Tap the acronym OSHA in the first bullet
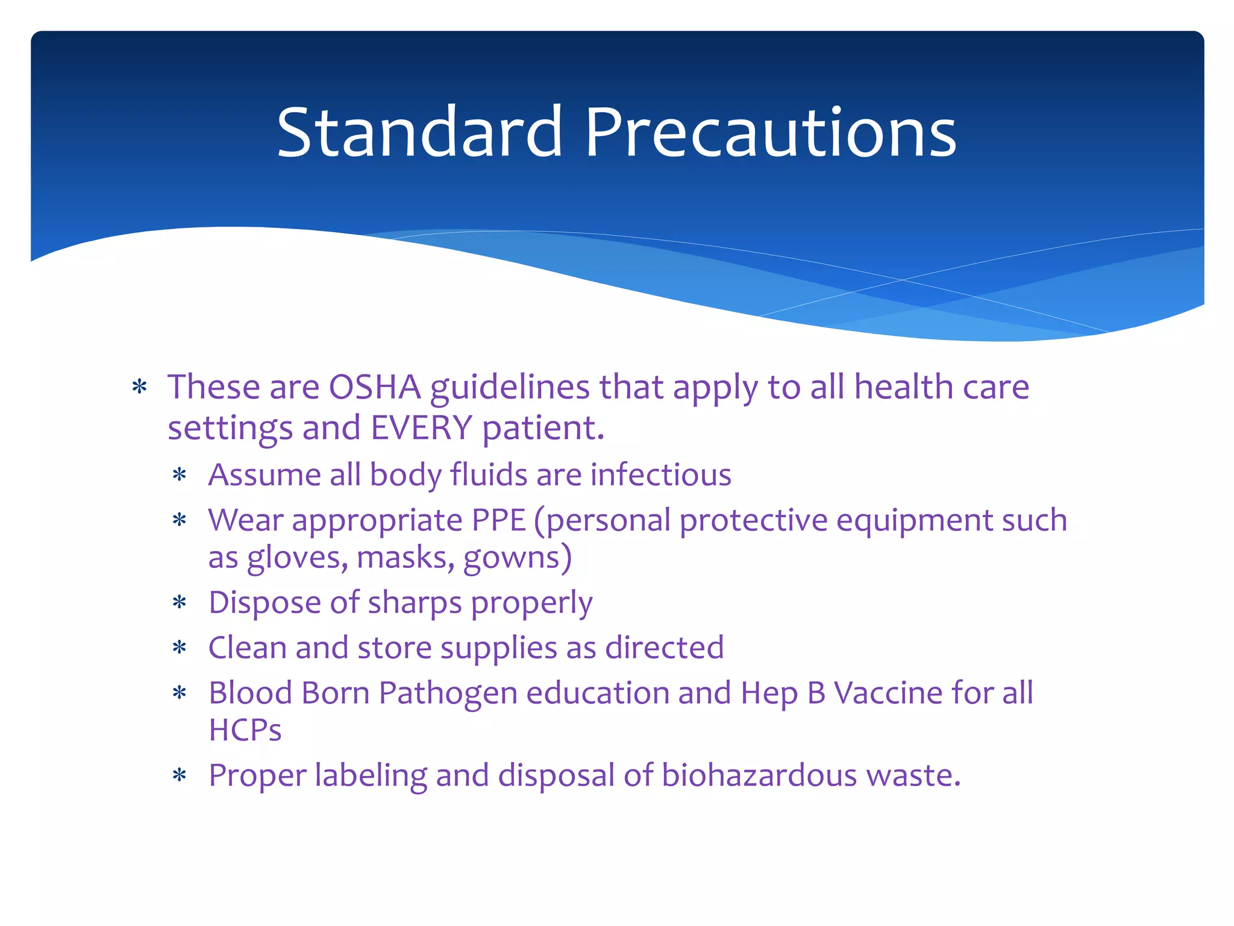tap(374, 387)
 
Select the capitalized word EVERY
tap(421, 428)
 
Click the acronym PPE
tap(499, 520)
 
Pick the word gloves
tap(297, 558)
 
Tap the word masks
tap(406, 558)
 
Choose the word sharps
tap(415, 603)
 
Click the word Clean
tap(247, 648)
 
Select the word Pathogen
tap(448, 693)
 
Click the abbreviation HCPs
tap(245, 730)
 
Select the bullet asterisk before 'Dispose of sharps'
tap(180, 603)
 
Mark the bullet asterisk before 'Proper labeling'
tap(180, 776)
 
